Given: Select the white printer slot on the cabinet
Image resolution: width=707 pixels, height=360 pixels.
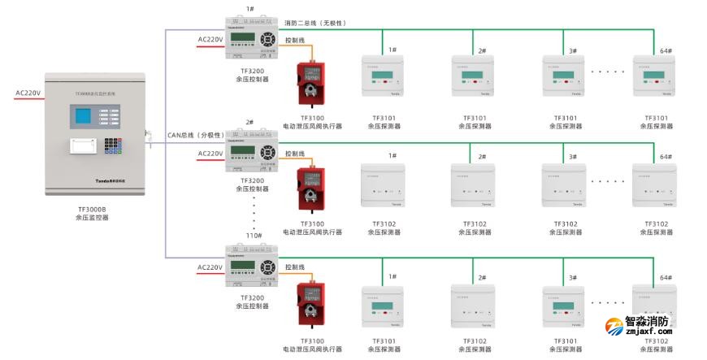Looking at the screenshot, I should point(82,147).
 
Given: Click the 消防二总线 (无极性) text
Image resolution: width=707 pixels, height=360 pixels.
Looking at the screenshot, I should point(315,23).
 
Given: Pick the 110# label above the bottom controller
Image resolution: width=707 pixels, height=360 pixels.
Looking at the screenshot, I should point(253,236).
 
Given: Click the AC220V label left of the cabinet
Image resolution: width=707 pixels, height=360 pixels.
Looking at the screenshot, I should point(28,93).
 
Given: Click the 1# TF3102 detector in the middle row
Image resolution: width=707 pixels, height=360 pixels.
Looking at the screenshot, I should point(383,188).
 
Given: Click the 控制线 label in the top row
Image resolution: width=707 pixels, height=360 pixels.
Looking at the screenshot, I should point(295,39).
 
